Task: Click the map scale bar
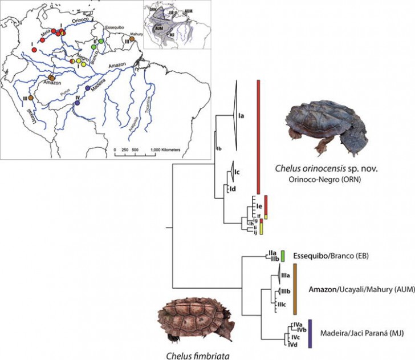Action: (x=135, y=145)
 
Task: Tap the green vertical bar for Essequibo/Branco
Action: (x=283, y=257)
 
